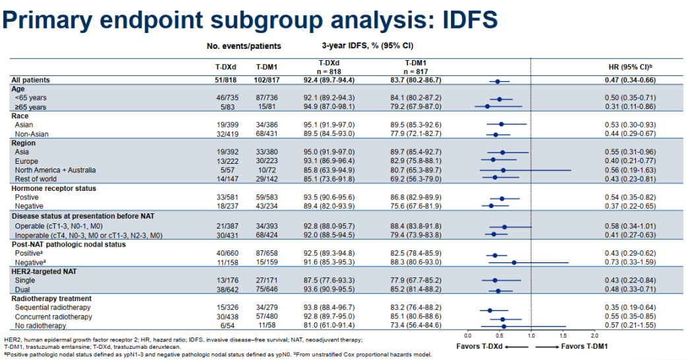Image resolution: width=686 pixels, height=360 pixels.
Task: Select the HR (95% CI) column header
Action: (x=635, y=67)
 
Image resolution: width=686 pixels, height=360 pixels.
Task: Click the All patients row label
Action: (x=31, y=80)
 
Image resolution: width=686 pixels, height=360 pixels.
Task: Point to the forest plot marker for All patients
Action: (x=497, y=81)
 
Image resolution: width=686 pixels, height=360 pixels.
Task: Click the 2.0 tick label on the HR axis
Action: (x=594, y=338)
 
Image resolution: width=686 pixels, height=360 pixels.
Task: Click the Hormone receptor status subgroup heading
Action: (x=53, y=188)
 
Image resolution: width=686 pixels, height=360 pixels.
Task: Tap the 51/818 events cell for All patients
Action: (x=223, y=80)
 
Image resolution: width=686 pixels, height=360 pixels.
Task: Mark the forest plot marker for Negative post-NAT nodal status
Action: (x=514, y=263)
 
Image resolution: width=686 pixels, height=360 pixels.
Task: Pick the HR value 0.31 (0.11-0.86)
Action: (x=635, y=106)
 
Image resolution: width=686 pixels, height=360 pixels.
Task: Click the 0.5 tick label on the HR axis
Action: (x=499, y=338)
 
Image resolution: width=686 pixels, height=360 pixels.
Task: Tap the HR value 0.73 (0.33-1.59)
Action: (x=635, y=262)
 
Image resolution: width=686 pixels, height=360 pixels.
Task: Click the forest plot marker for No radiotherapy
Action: (x=503, y=326)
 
